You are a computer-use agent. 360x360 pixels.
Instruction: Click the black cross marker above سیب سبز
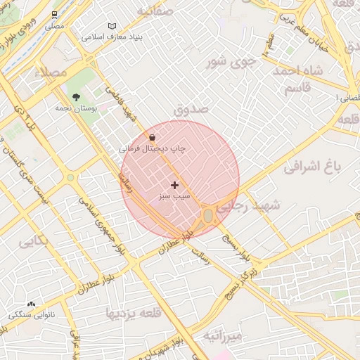click(174, 185)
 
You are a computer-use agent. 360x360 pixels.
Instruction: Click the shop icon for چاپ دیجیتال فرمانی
click(153, 137)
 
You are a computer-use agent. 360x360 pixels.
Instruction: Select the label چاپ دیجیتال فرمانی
click(153, 150)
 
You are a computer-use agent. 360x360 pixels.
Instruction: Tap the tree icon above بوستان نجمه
click(76, 98)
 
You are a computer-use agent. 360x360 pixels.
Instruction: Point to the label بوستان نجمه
click(77, 110)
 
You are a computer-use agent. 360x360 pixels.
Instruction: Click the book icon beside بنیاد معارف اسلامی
click(113, 25)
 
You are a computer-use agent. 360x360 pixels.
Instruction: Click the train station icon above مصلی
click(55, 14)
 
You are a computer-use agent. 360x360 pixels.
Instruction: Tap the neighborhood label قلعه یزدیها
click(138, 312)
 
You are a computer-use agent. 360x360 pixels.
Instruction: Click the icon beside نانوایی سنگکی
click(31, 304)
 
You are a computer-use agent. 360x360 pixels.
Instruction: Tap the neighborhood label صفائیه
click(155, 12)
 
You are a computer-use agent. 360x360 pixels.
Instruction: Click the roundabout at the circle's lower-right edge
click(209, 216)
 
